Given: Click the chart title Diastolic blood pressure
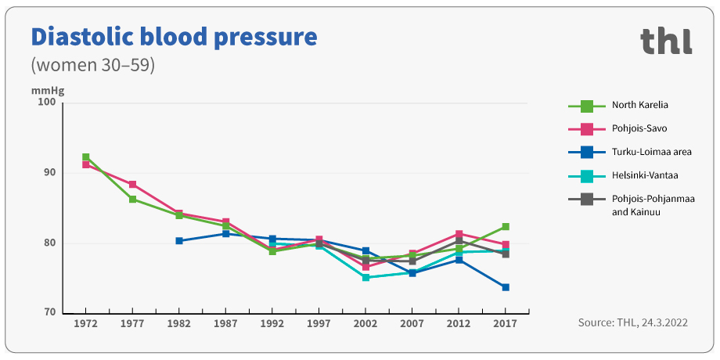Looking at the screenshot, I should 174,37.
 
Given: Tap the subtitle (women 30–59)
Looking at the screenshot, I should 92,65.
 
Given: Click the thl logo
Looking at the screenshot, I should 666,41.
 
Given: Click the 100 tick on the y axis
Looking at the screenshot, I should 47,102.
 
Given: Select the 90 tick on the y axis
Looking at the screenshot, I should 49,172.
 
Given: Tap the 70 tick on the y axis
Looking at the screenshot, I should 49,313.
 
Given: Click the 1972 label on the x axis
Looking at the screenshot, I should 85,323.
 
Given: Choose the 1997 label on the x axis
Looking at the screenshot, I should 319,323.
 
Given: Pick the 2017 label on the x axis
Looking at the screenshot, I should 506,323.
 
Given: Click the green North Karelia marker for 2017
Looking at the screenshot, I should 506,227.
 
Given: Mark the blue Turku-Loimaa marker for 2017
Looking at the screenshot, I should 506,287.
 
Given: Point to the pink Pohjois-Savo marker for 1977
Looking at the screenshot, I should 132,185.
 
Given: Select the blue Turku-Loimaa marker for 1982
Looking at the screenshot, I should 179,241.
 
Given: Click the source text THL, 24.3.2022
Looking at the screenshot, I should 633,322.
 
